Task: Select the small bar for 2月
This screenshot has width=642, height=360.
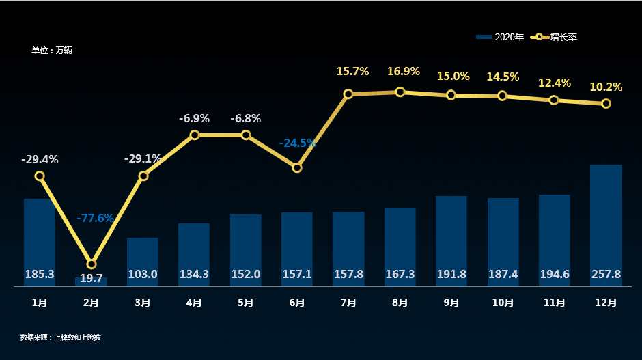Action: click(91, 281)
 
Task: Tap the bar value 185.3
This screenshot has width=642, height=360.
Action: click(40, 274)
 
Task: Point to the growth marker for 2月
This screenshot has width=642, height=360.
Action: click(92, 264)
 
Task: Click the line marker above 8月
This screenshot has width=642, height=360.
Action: click(400, 92)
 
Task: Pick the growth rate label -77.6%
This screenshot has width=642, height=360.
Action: click(95, 218)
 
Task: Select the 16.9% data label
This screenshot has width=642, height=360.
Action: click(404, 71)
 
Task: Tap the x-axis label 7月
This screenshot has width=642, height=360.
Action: click(348, 302)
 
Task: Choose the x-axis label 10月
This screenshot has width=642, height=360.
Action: click(503, 302)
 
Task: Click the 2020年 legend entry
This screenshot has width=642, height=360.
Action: click(501, 37)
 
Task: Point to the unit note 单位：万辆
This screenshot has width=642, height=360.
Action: click(52, 51)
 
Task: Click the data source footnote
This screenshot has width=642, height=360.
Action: click(61, 337)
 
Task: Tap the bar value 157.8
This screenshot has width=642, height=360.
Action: click(348, 274)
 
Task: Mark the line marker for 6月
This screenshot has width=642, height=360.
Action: click(297, 167)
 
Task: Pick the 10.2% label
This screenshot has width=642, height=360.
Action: click(606, 87)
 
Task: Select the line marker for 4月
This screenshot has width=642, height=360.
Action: click(195, 135)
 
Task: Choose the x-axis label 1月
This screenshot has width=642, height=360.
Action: click(40, 302)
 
